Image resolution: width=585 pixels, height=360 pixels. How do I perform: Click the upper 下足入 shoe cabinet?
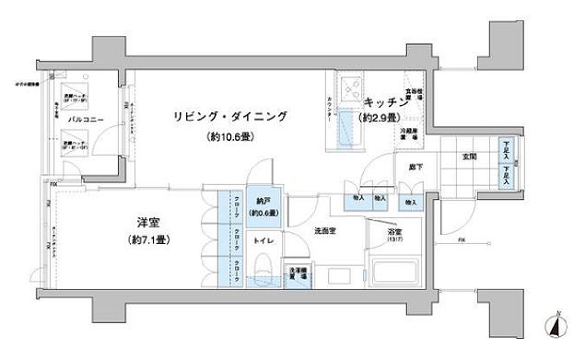coord(507,150)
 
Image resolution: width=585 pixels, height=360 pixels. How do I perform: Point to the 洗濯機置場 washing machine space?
coord(298,275)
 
